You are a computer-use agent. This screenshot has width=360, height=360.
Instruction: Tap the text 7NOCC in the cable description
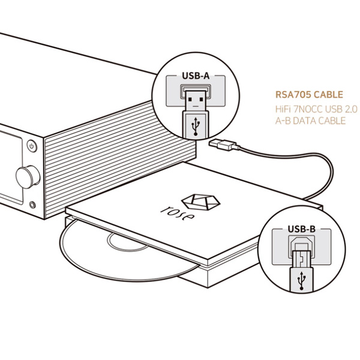307,109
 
